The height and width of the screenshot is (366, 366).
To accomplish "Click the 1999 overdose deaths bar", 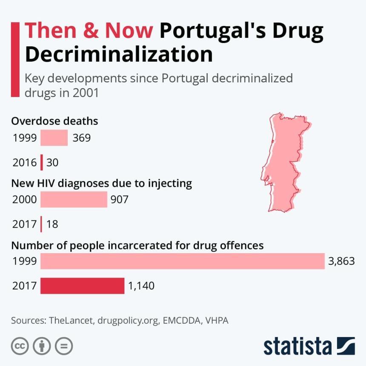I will tap(54, 138).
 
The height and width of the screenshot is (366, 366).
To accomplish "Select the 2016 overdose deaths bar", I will tap(42, 163).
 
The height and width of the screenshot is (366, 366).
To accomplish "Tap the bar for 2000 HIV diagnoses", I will tap(74, 199).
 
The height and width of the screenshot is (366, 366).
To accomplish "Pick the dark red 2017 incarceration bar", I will tap(82, 286).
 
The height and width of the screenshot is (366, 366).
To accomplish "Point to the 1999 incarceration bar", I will tap(183, 261).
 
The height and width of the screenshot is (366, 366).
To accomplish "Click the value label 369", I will tap(81, 138).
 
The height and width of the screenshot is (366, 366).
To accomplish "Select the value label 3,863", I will tap(341, 261).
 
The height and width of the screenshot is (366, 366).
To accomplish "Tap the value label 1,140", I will tap(141, 286).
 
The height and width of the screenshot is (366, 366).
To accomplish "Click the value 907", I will tap(119, 199).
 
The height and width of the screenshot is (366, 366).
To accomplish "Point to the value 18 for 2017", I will tap(52, 224).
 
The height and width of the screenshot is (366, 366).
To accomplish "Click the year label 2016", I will tap(24, 163).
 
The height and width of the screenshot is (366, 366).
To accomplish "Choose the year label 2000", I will tap(24, 199).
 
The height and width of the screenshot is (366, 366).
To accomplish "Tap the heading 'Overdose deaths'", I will tap(54, 121).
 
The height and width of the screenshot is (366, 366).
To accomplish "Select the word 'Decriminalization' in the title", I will tap(119, 54).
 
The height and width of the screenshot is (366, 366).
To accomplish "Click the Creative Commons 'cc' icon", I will tap(20, 346).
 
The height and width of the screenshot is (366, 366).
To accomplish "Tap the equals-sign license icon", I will tap(64, 346).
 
